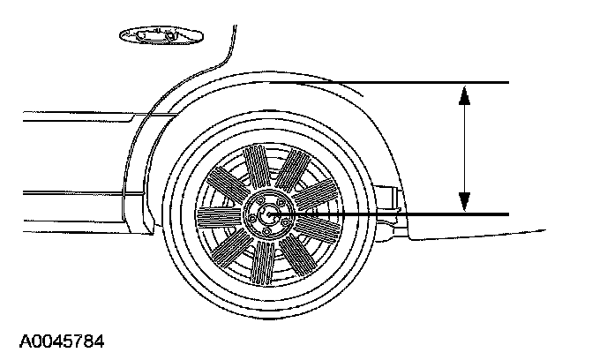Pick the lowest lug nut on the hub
(266, 232)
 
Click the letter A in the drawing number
(11, 339)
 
